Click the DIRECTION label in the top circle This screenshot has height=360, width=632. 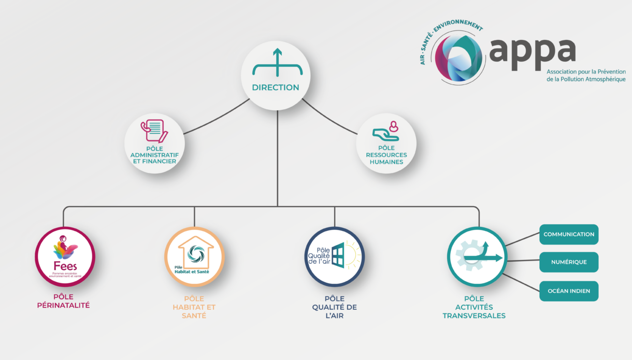coord(276,88)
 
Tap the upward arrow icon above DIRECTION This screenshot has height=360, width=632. coord(277,63)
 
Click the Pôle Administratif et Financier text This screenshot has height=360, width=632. coord(154,155)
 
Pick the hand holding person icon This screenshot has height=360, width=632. coord(386,132)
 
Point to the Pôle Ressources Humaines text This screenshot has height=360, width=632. coord(386,155)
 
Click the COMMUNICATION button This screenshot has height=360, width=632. coord(569,234)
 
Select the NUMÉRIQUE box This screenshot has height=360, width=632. coord(569,262)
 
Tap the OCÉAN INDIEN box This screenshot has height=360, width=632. coord(569,291)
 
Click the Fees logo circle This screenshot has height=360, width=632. coord(65,257)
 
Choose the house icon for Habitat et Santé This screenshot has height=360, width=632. coord(195,256)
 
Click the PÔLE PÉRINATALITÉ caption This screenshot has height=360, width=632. coord(63,301)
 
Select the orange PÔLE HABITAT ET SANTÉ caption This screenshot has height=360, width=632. coord(194,307)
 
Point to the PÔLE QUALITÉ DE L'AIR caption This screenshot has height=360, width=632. coord(334,307)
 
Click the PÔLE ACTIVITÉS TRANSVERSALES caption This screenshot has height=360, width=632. coord(474,307)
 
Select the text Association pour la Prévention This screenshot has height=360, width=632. coord(586,72)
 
